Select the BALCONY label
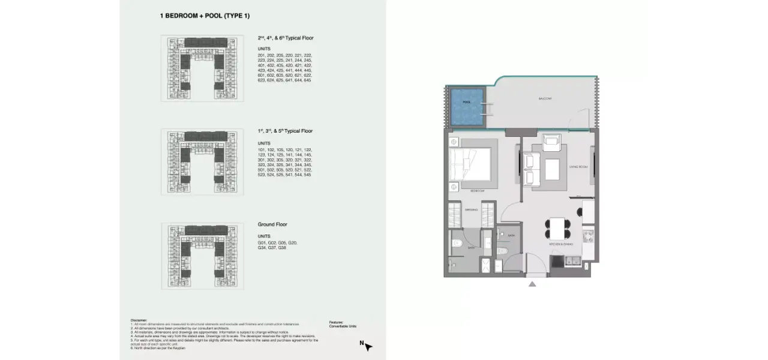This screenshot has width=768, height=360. coord(545,98)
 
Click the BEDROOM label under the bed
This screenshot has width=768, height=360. coord(477,190)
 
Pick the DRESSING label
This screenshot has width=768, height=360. coord(471,210)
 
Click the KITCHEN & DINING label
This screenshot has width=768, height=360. coord(560,244)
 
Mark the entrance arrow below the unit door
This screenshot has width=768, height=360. coord(532,284)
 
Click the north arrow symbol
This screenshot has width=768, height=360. coord(367,346)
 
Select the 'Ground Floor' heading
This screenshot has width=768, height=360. coord(272,224)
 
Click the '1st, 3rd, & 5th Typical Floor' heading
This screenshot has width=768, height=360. coord(285,131)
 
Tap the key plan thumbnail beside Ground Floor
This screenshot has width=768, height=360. coord(202,256)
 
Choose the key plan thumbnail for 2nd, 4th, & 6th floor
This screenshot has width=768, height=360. coord(202,68)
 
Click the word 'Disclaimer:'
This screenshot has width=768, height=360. coord(138,320)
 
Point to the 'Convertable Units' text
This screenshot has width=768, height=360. coord(343,326)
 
